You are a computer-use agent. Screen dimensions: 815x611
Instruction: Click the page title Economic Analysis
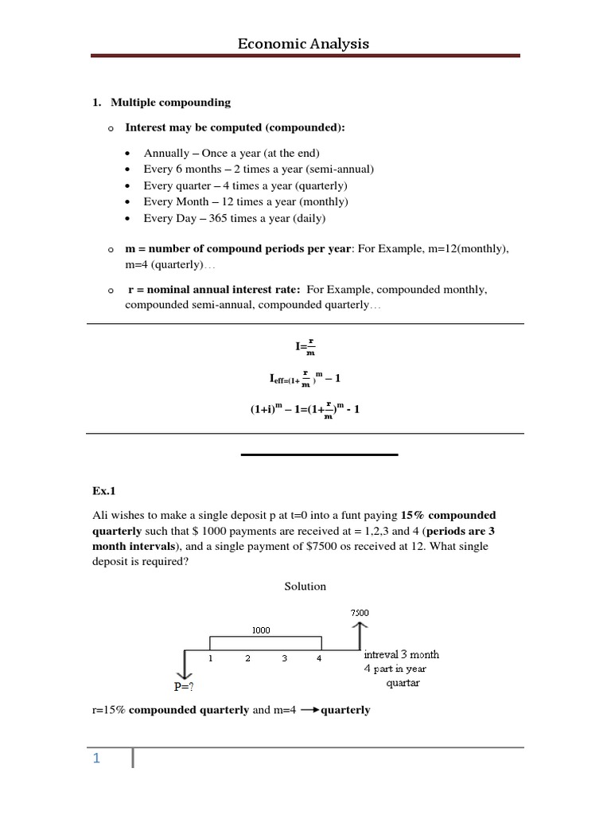coord(303,44)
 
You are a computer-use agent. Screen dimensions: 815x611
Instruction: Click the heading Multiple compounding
coord(170,102)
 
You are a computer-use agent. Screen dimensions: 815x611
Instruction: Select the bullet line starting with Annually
coord(231,153)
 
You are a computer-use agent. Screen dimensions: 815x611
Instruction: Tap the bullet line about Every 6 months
coord(259,169)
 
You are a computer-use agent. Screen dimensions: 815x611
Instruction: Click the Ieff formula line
coord(305,376)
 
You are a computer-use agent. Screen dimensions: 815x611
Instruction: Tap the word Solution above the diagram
coord(305,587)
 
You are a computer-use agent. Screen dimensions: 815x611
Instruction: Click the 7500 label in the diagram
coord(359,612)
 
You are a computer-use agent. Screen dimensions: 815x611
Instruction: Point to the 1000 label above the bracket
coord(261,630)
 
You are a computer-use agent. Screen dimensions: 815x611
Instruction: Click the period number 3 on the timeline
coord(283,659)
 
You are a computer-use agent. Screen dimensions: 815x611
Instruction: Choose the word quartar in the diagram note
coord(403,683)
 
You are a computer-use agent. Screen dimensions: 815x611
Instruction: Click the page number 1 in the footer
coord(96,758)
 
